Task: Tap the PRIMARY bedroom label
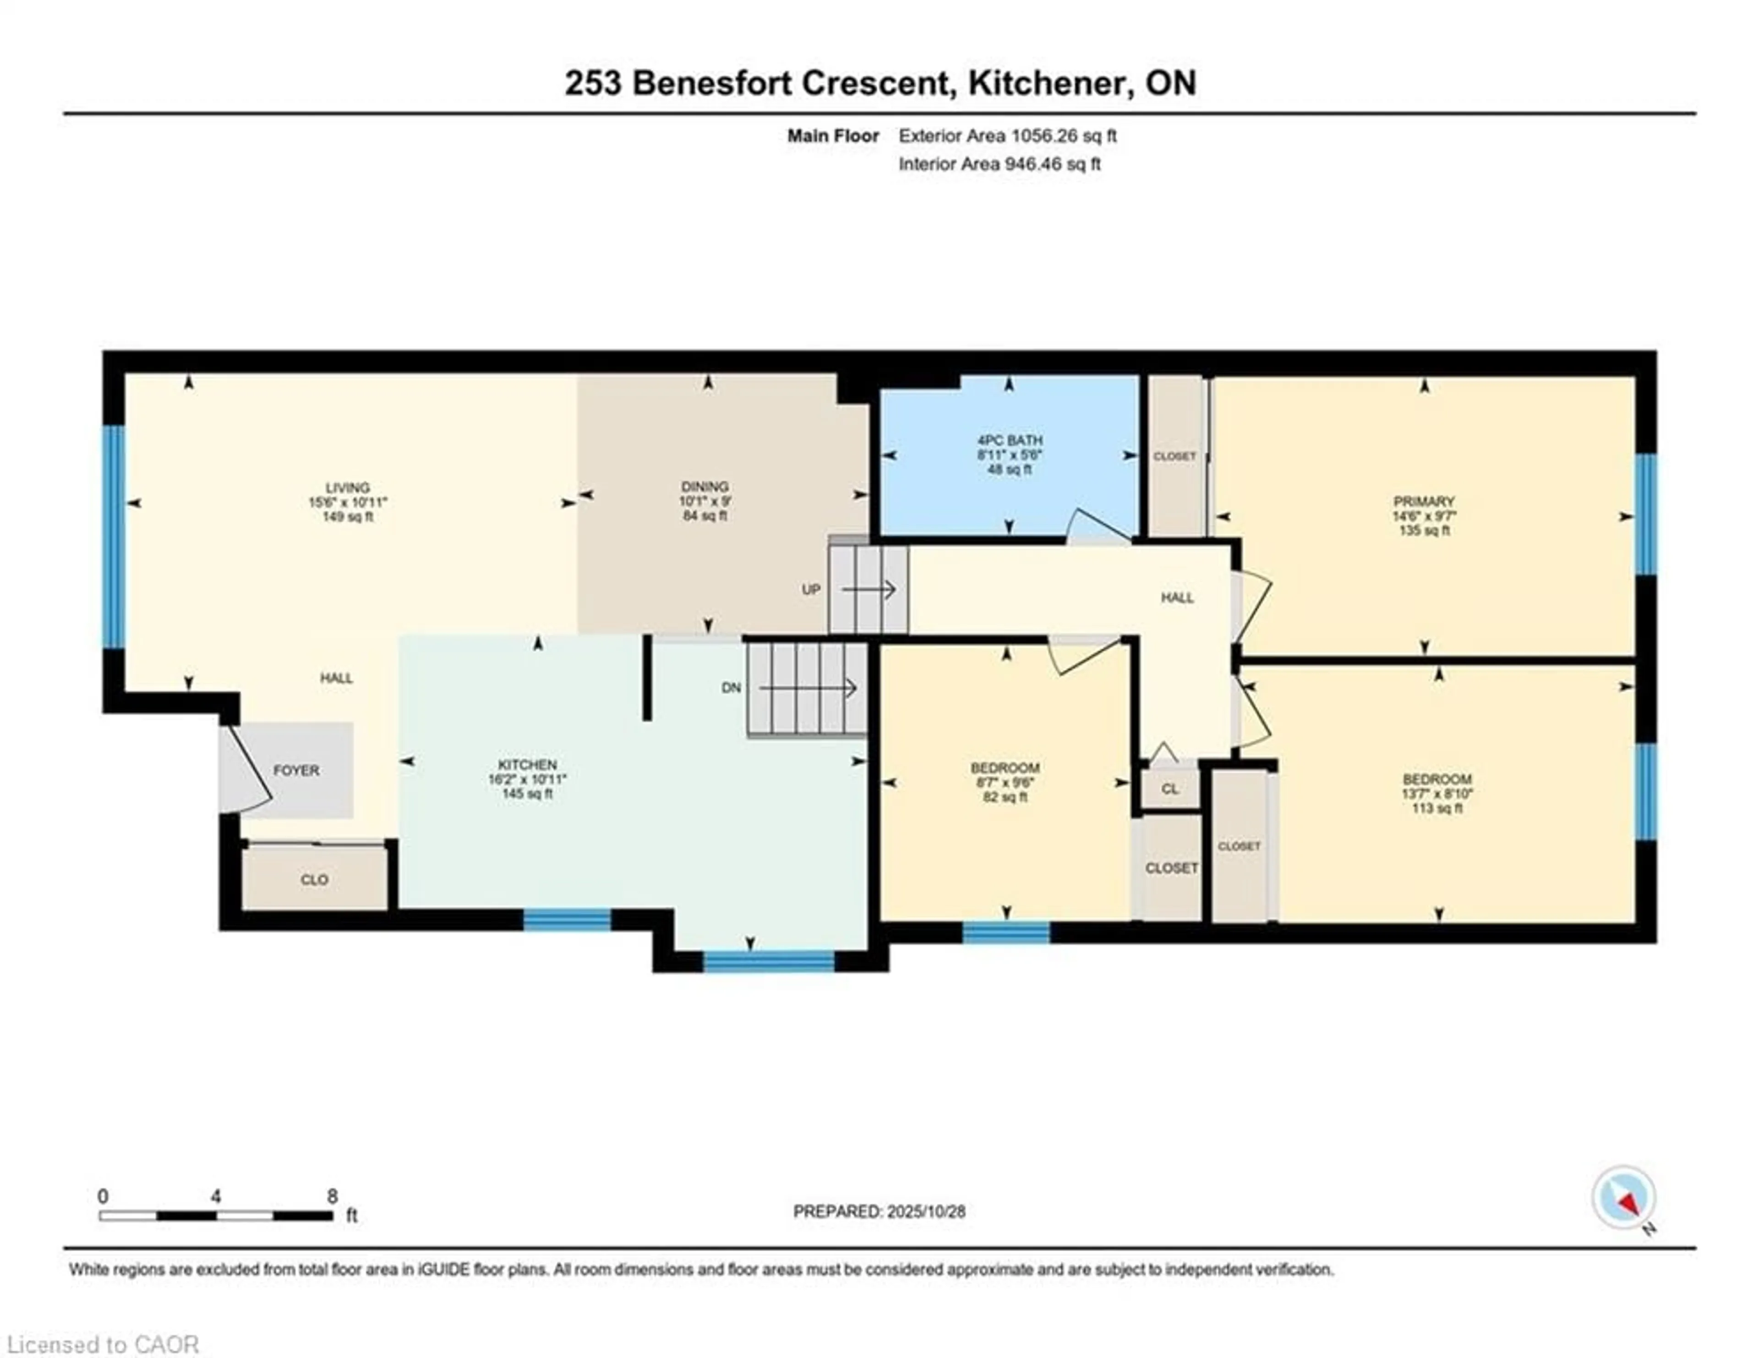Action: [x=1423, y=501]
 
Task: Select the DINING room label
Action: [x=705, y=487]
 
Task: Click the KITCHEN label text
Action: [x=527, y=764]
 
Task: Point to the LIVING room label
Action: [x=347, y=487]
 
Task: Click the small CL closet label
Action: [x=1169, y=789]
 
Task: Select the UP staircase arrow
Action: [x=868, y=591]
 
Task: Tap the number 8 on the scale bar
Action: [x=332, y=1196]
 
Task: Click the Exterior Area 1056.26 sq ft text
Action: [x=1007, y=136]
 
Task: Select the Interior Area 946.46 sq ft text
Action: [x=999, y=164]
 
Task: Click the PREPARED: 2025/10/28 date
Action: [x=879, y=1211]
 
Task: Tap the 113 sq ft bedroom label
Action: [x=1437, y=808]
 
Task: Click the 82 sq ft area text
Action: [x=1005, y=797]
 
